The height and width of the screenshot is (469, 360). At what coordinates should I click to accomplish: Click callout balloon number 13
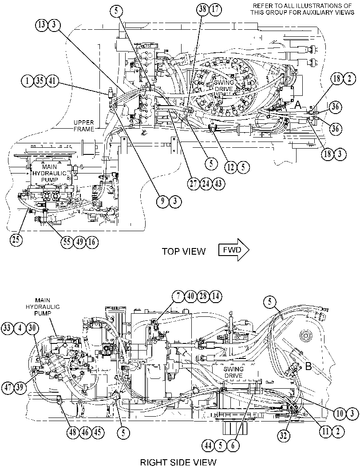42,24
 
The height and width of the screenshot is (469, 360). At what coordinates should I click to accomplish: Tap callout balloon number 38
202,9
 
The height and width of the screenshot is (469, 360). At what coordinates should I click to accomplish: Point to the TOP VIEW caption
184,251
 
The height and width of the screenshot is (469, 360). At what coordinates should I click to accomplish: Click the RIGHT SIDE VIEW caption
178,462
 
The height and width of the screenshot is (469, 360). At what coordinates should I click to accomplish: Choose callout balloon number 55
67,241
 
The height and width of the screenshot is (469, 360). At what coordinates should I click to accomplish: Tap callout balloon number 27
194,183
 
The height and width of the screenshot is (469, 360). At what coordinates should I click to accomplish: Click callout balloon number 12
231,167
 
